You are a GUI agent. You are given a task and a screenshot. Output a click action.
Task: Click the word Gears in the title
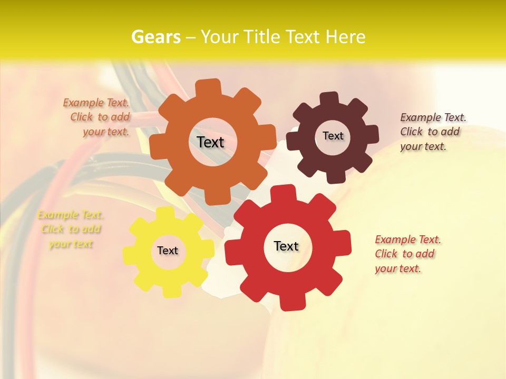[x=155, y=36]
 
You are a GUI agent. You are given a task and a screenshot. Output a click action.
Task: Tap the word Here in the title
[x=345, y=36]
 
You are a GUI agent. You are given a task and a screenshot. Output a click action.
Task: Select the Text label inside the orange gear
[x=210, y=142]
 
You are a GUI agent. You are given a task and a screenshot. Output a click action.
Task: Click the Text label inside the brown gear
[x=333, y=136]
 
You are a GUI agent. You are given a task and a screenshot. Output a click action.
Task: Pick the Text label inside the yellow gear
[x=168, y=251]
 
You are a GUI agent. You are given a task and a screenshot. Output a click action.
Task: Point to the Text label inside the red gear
[x=286, y=246]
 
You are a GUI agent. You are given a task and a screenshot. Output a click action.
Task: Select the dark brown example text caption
[x=432, y=132]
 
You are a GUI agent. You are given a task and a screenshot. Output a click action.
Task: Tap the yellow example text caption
[x=71, y=229]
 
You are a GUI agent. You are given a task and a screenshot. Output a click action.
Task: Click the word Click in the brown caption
[x=412, y=132]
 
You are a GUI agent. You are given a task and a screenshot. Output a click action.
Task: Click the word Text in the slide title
[x=304, y=36]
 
